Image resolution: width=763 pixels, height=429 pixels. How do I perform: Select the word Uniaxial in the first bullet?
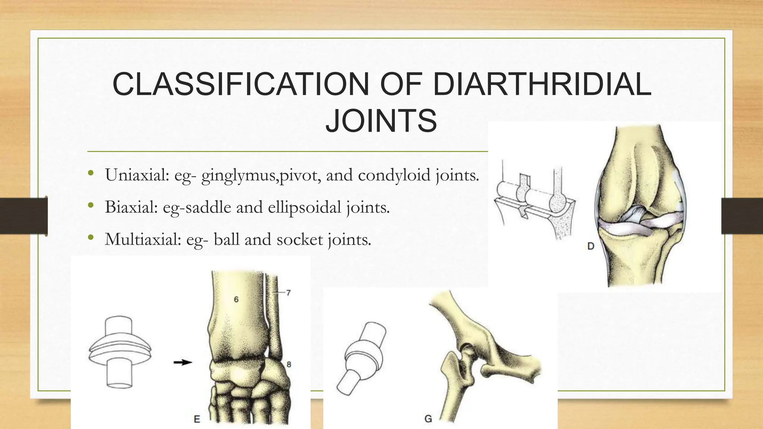(137, 175)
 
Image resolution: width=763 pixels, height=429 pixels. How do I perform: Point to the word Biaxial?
(131, 207)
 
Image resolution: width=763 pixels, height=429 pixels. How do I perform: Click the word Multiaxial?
(143, 239)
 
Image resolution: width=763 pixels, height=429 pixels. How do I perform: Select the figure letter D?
(591, 246)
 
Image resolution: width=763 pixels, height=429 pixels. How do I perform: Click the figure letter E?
(197, 419)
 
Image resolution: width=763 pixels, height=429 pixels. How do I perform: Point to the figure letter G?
(428, 419)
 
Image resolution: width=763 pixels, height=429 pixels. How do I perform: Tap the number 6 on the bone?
(236, 299)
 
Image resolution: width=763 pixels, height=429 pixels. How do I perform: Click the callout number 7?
(288, 293)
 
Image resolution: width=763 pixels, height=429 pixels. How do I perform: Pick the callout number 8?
(289, 365)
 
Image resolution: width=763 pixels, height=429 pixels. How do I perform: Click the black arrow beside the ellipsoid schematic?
(183, 362)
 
